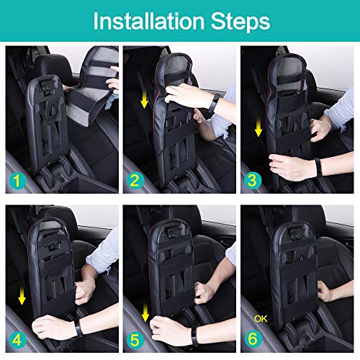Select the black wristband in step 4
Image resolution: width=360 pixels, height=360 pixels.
[77, 328]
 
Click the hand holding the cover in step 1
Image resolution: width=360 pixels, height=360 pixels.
[112, 84]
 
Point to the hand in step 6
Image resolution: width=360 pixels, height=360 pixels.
[325, 293]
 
